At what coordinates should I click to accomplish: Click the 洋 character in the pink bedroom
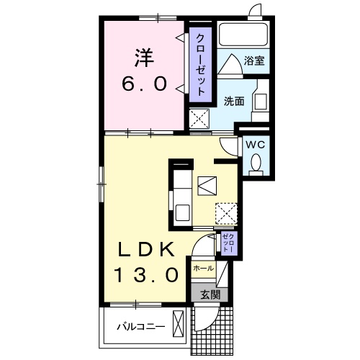point(144,58)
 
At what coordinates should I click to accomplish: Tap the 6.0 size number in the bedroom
point(145,84)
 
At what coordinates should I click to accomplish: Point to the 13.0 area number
point(146,275)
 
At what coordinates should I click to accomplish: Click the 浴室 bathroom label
point(254,60)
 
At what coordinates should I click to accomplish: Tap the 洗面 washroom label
point(234,102)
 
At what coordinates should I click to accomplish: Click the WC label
point(255,145)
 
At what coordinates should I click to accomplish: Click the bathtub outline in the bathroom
point(243,34)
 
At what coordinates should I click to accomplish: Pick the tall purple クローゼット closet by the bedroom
point(201,65)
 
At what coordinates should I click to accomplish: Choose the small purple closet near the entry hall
point(229,243)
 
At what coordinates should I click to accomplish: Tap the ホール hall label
point(203,268)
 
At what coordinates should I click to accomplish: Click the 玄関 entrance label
point(210,294)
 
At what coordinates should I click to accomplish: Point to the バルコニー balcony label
point(141,327)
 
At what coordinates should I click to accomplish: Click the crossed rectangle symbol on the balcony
point(178,323)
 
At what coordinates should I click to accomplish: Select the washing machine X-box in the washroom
point(199,119)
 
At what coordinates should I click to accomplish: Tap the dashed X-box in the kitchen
point(226,215)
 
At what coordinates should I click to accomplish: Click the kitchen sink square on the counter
point(183,212)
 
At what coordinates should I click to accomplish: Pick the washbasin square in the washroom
point(261,102)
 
